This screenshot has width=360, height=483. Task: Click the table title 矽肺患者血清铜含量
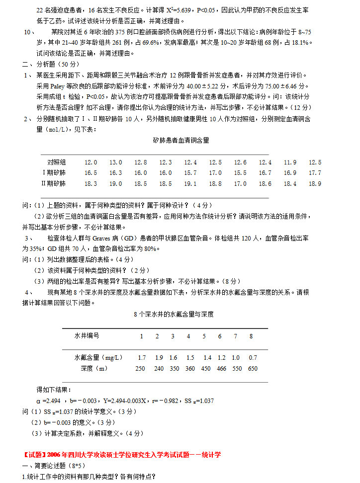(x=181, y=140)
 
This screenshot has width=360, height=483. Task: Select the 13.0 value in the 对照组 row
(x=115, y=162)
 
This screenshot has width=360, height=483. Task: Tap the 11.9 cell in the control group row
(x=290, y=162)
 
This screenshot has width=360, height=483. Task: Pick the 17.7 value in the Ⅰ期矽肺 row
(x=315, y=173)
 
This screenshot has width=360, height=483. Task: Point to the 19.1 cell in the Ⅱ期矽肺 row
(x=190, y=183)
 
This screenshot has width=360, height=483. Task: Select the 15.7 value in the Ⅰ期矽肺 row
(x=190, y=173)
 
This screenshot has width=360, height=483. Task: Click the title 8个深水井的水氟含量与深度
(x=174, y=314)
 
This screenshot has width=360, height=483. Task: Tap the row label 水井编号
(x=87, y=336)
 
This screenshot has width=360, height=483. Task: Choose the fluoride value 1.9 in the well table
(x=159, y=358)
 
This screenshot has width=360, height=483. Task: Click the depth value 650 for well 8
(x=253, y=369)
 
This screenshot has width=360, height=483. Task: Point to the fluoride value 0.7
(x=253, y=358)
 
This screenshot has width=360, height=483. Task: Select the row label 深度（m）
(x=93, y=369)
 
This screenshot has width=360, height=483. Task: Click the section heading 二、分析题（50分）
(x=51, y=64)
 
